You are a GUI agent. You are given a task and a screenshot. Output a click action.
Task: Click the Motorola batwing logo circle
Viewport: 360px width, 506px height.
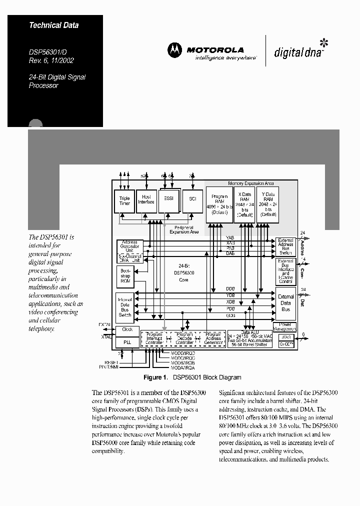click(x=174, y=50)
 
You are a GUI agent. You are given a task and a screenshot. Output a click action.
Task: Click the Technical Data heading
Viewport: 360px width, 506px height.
click(x=53, y=25)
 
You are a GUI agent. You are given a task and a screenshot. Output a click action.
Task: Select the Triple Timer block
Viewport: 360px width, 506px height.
click(x=124, y=201)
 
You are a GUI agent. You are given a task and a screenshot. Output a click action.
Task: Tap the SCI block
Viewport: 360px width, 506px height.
click(x=192, y=199)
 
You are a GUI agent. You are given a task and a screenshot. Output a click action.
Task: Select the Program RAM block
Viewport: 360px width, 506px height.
click(x=219, y=204)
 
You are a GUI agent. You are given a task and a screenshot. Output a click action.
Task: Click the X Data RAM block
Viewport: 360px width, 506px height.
click(x=245, y=204)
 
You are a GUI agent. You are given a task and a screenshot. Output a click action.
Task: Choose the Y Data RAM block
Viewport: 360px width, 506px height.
click(x=267, y=204)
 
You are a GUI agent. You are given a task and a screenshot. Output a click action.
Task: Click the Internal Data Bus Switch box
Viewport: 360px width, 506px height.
click(x=124, y=307)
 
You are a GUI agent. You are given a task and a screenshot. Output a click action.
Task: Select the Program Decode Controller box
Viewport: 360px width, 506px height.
click(x=184, y=338)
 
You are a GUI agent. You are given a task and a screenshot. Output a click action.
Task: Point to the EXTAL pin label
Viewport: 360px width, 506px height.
click(x=104, y=324)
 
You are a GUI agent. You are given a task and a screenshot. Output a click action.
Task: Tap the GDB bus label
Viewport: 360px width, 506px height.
click(x=230, y=315)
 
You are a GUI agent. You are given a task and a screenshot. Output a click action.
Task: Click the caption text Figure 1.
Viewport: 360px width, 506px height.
click(x=154, y=377)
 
